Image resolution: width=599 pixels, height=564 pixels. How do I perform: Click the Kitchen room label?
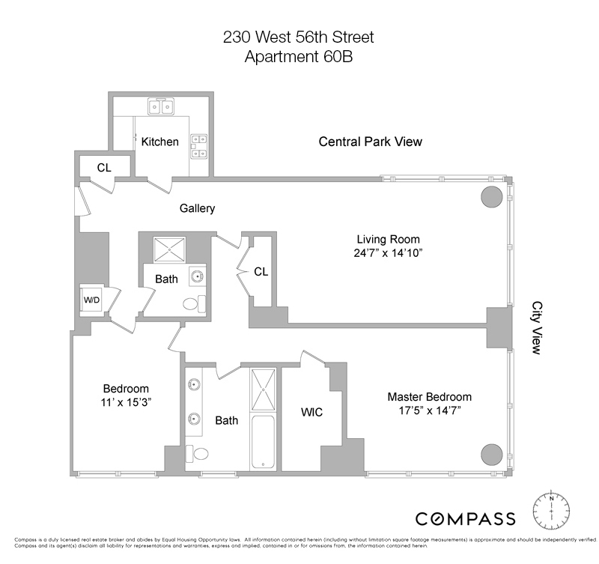pos(160,142)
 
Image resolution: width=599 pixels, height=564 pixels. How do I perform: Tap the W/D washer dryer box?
pos(92,300)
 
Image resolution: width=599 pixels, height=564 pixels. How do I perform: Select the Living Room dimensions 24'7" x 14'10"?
pos(390,253)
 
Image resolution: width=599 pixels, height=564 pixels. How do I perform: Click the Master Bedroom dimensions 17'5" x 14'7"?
pos(429,410)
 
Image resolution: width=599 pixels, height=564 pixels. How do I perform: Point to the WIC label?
pos(311,413)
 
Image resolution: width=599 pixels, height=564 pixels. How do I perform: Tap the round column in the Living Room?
pos(491,198)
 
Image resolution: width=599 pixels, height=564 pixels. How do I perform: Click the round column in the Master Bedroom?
pos(491,454)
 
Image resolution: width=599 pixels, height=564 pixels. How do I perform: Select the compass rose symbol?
pos(551,512)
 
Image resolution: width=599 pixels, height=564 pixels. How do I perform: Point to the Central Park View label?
pos(371,141)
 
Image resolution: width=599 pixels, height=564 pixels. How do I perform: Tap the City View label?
pos(537,328)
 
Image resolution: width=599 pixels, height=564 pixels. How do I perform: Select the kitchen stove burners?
pos(199,146)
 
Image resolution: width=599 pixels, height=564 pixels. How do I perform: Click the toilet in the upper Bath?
pos(192,304)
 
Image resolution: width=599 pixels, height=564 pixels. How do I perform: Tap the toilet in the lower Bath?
pos(198,454)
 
